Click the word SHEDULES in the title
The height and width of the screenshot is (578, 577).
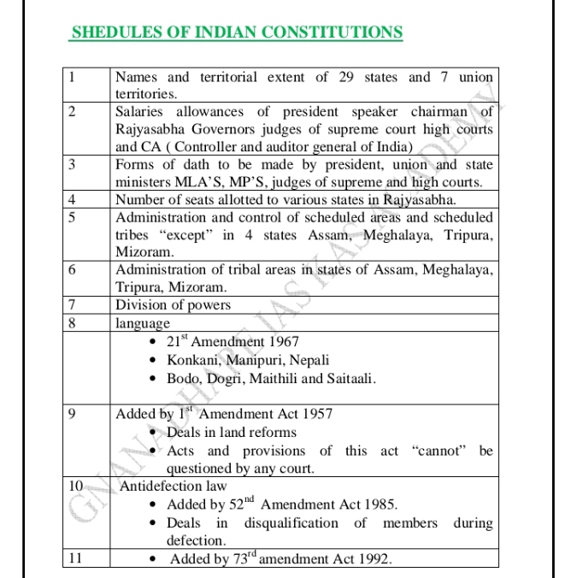tap(107, 32)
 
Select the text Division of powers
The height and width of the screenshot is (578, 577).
tap(173, 304)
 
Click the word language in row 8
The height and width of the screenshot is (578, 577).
tap(143, 324)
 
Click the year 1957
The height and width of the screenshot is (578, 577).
tap(314, 414)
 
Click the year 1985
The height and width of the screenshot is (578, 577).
tap(377, 504)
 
